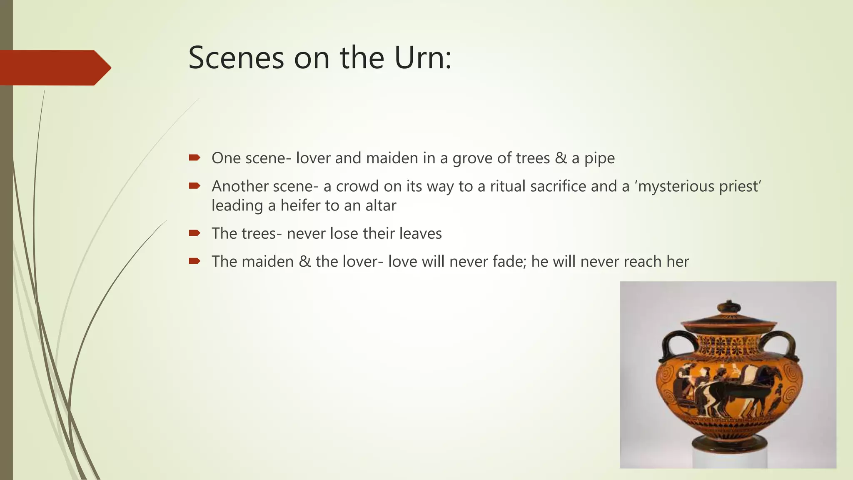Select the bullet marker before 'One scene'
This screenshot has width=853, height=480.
click(x=195, y=157)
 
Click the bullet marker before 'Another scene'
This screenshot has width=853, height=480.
click(x=195, y=186)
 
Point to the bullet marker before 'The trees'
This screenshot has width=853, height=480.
click(x=195, y=233)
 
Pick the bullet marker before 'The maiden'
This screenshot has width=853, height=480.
click(x=195, y=261)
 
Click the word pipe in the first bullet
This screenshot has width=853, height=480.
click(x=599, y=158)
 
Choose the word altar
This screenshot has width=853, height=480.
click(x=381, y=205)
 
